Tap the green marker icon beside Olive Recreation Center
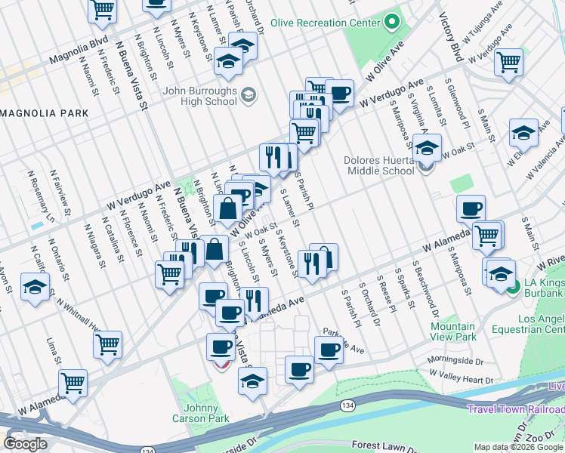click(x=391, y=22)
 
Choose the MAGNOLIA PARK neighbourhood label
click(x=45, y=113)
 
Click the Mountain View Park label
click(x=453, y=331)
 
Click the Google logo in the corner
click(x=25, y=444)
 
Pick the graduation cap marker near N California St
click(x=35, y=288)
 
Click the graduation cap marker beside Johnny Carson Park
click(x=253, y=381)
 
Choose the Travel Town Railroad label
click(x=515, y=409)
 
